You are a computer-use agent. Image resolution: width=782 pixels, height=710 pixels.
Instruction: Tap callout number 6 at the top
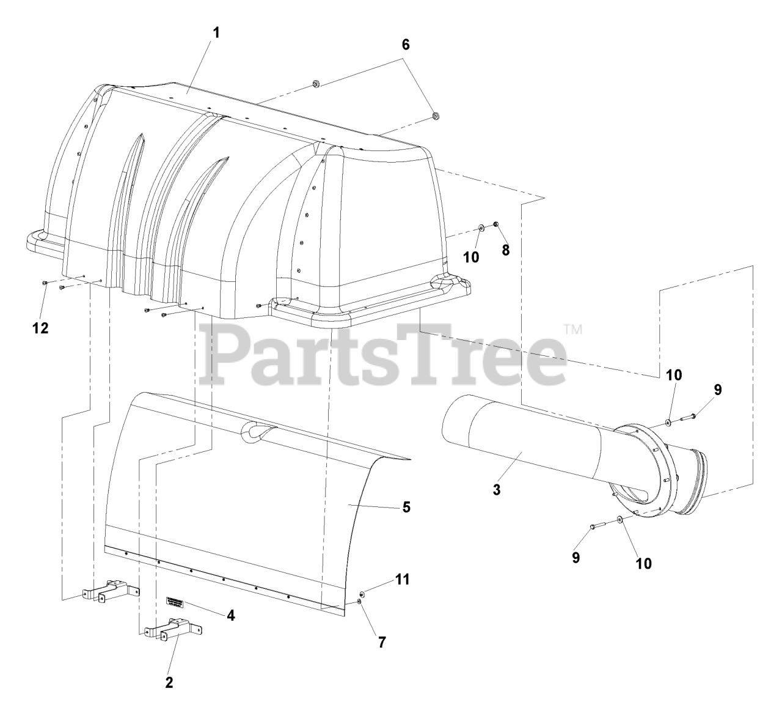click(405, 44)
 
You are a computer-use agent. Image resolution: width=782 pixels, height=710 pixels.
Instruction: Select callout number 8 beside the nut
click(505, 250)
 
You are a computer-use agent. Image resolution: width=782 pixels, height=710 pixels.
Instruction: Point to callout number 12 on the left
click(40, 328)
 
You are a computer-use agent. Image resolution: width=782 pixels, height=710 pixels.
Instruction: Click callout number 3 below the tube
click(497, 490)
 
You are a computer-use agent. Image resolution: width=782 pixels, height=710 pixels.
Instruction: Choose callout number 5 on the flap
click(406, 507)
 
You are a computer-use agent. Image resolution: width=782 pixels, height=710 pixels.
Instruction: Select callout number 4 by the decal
click(230, 616)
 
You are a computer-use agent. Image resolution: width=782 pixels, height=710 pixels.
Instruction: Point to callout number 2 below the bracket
click(169, 682)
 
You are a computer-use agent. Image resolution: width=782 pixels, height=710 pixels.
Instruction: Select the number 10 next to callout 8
click(470, 257)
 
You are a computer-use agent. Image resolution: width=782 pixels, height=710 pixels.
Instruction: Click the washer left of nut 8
click(481, 228)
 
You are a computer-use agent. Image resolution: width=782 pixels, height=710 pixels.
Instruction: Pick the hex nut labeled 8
click(495, 225)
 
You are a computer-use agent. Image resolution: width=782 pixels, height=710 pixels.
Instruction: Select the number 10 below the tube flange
click(644, 563)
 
